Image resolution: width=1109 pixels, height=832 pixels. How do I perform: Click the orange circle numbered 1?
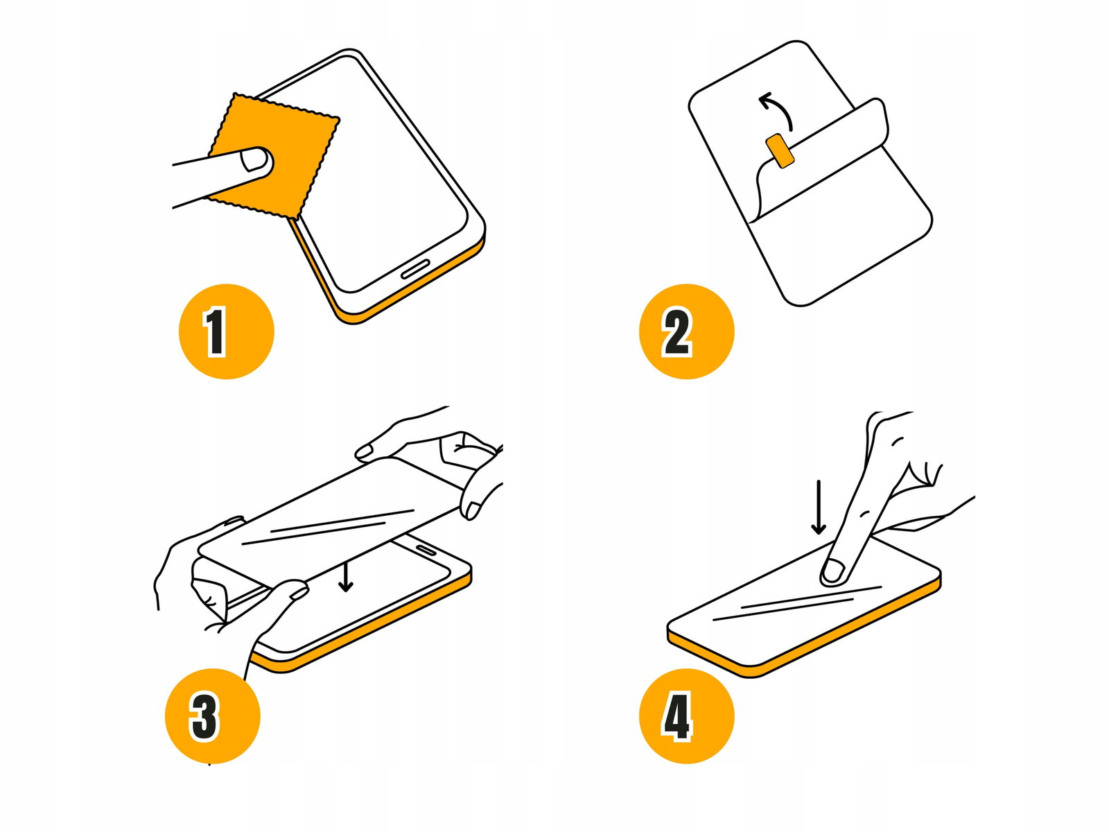pos(227,331)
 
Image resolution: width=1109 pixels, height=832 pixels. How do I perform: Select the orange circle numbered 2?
pos(687,331)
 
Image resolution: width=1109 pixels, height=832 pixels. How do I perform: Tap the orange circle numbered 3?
pos(213,716)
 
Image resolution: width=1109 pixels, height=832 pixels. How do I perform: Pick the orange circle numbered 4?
pos(687,716)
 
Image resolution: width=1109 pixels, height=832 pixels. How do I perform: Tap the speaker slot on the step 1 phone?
pos(414,270)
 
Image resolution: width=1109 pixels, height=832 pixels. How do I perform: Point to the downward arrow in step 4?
pos(818,508)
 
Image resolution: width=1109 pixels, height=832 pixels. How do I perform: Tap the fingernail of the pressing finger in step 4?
pos(832,571)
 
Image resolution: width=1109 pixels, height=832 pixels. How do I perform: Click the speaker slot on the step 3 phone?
pos(428,549)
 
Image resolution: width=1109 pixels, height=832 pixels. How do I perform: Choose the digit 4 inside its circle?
pos(676,717)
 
